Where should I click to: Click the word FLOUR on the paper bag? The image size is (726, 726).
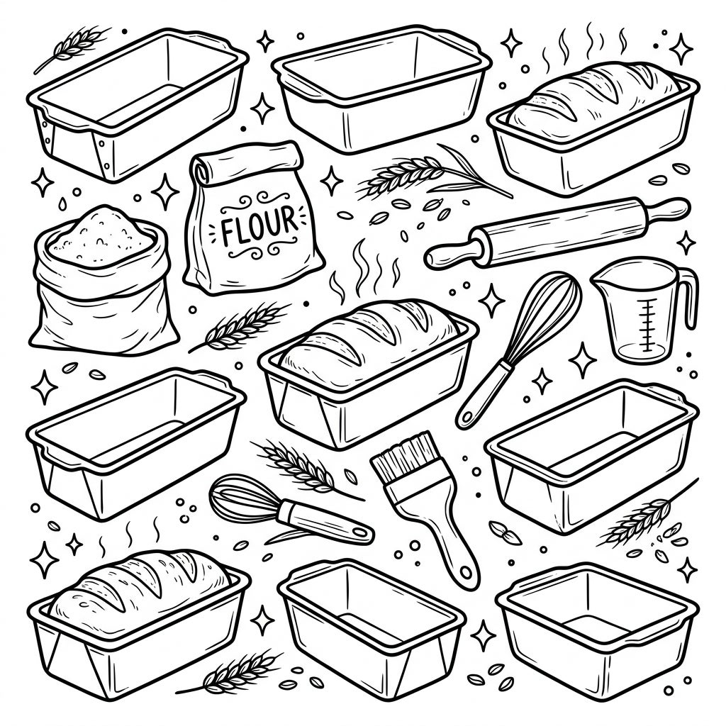tap(259, 225)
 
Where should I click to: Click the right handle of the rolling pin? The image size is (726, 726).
tap(666, 211)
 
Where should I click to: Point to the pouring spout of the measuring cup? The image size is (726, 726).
tap(601, 280)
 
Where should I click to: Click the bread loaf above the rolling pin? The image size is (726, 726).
tap(593, 99)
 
